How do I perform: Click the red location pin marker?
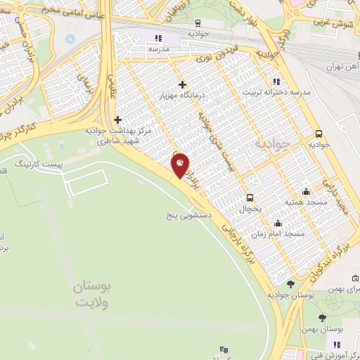tap(180, 165)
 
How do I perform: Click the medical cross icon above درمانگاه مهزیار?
tap(182, 84)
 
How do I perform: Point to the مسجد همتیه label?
tap(303, 201)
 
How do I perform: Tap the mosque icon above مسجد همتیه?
tap(306, 191)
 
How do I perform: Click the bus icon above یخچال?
tap(249, 198)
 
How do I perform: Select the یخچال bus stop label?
tap(250, 209)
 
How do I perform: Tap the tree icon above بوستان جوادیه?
tap(291, 284)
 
